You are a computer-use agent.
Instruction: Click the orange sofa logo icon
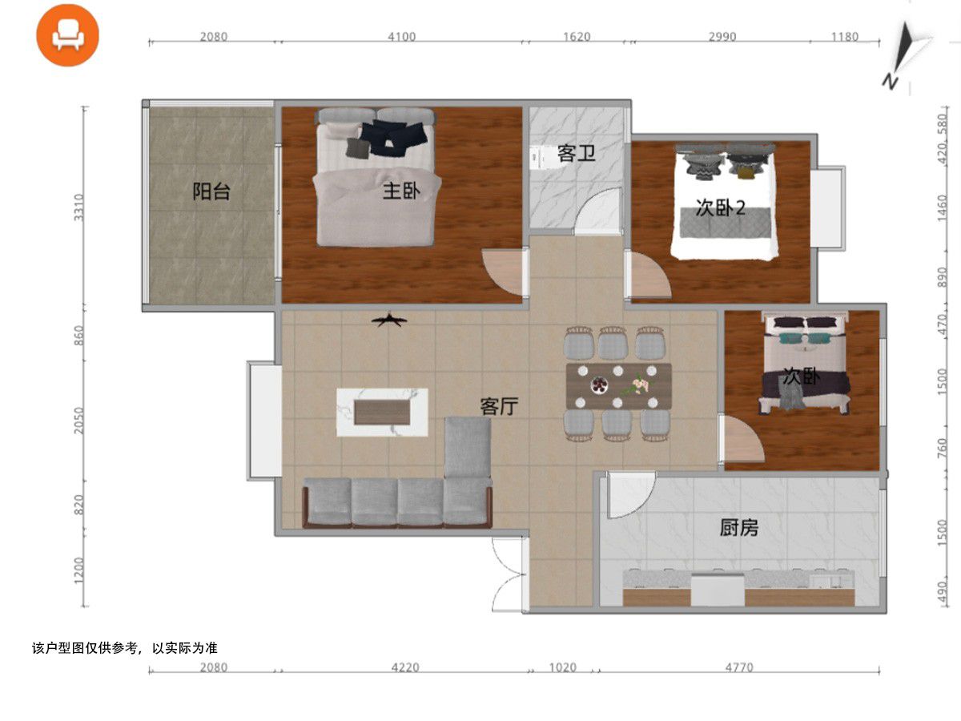[x=67, y=35]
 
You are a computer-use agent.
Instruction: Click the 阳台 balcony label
[x=211, y=191]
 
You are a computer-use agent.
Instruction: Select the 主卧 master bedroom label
[x=401, y=191]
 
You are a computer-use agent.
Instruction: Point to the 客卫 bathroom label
[x=576, y=153]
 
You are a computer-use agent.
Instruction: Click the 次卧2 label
[x=720, y=207]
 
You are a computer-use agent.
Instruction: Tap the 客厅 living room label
[x=499, y=406]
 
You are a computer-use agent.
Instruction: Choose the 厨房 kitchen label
[x=739, y=528]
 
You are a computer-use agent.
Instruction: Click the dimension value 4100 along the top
[x=401, y=37]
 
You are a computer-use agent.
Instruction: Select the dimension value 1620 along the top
[x=577, y=37]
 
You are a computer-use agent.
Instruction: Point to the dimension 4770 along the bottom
[x=739, y=667]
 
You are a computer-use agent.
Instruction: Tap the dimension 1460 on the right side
[x=942, y=208]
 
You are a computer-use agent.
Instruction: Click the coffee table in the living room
[x=382, y=413]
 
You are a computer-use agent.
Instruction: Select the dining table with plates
[x=618, y=386]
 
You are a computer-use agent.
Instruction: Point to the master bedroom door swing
[x=504, y=272]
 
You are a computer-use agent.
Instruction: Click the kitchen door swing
[x=631, y=494]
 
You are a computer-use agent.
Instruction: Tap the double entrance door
[x=508, y=574]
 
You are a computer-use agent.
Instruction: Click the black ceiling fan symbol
[x=389, y=320]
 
